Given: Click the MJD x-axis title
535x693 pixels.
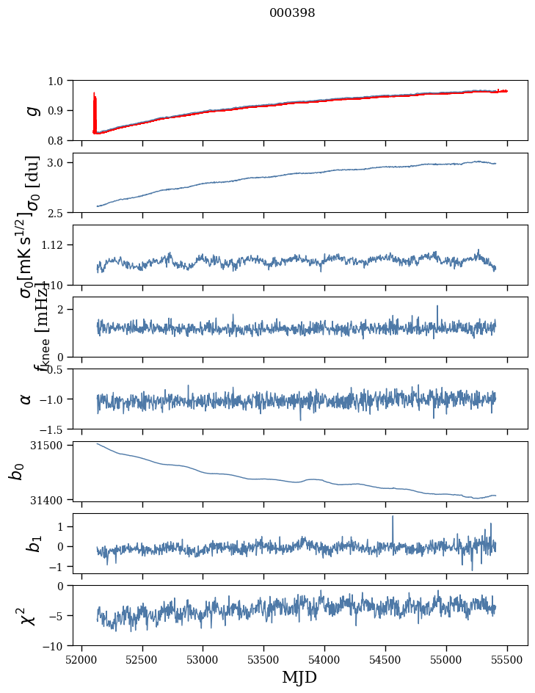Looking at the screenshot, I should [299, 677].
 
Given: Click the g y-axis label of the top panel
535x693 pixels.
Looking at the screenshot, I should [31, 110].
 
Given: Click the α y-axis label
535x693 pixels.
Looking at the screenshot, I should [26, 399].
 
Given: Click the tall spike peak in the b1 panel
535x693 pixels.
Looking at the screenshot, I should [393, 517].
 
